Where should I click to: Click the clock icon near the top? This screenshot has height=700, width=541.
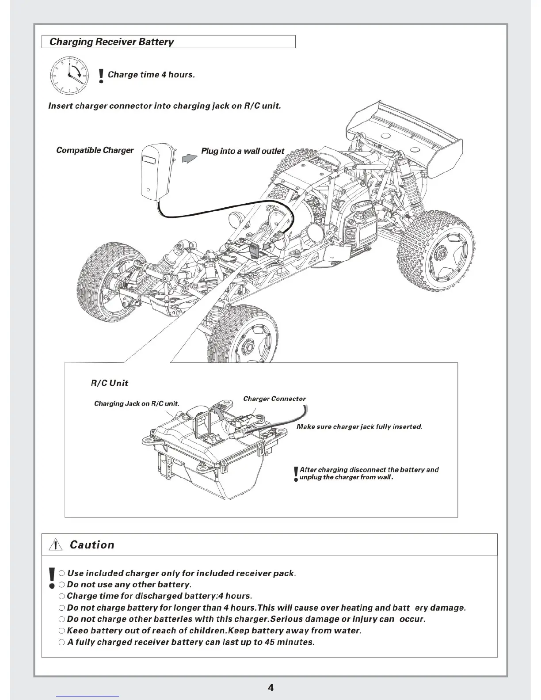(69, 75)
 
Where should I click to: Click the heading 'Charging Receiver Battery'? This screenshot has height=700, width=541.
(111, 42)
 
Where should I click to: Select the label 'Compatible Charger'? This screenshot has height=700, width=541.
(95, 150)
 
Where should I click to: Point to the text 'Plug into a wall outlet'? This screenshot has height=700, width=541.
(243, 151)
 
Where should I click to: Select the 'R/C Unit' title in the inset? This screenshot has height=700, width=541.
(110, 383)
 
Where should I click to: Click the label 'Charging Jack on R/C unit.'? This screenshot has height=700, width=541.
(137, 403)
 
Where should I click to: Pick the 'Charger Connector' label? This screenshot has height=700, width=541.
(274, 399)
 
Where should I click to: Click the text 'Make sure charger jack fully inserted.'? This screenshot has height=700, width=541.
(359, 427)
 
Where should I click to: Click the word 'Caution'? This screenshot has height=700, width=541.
(92, 545)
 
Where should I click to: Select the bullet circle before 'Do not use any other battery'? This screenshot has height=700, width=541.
(62, 585)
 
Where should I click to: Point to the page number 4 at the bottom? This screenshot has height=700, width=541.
(270, 688)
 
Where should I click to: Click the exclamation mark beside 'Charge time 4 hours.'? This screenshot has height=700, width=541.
(101, 76)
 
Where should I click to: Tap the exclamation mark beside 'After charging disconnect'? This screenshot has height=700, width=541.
(296, 474)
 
